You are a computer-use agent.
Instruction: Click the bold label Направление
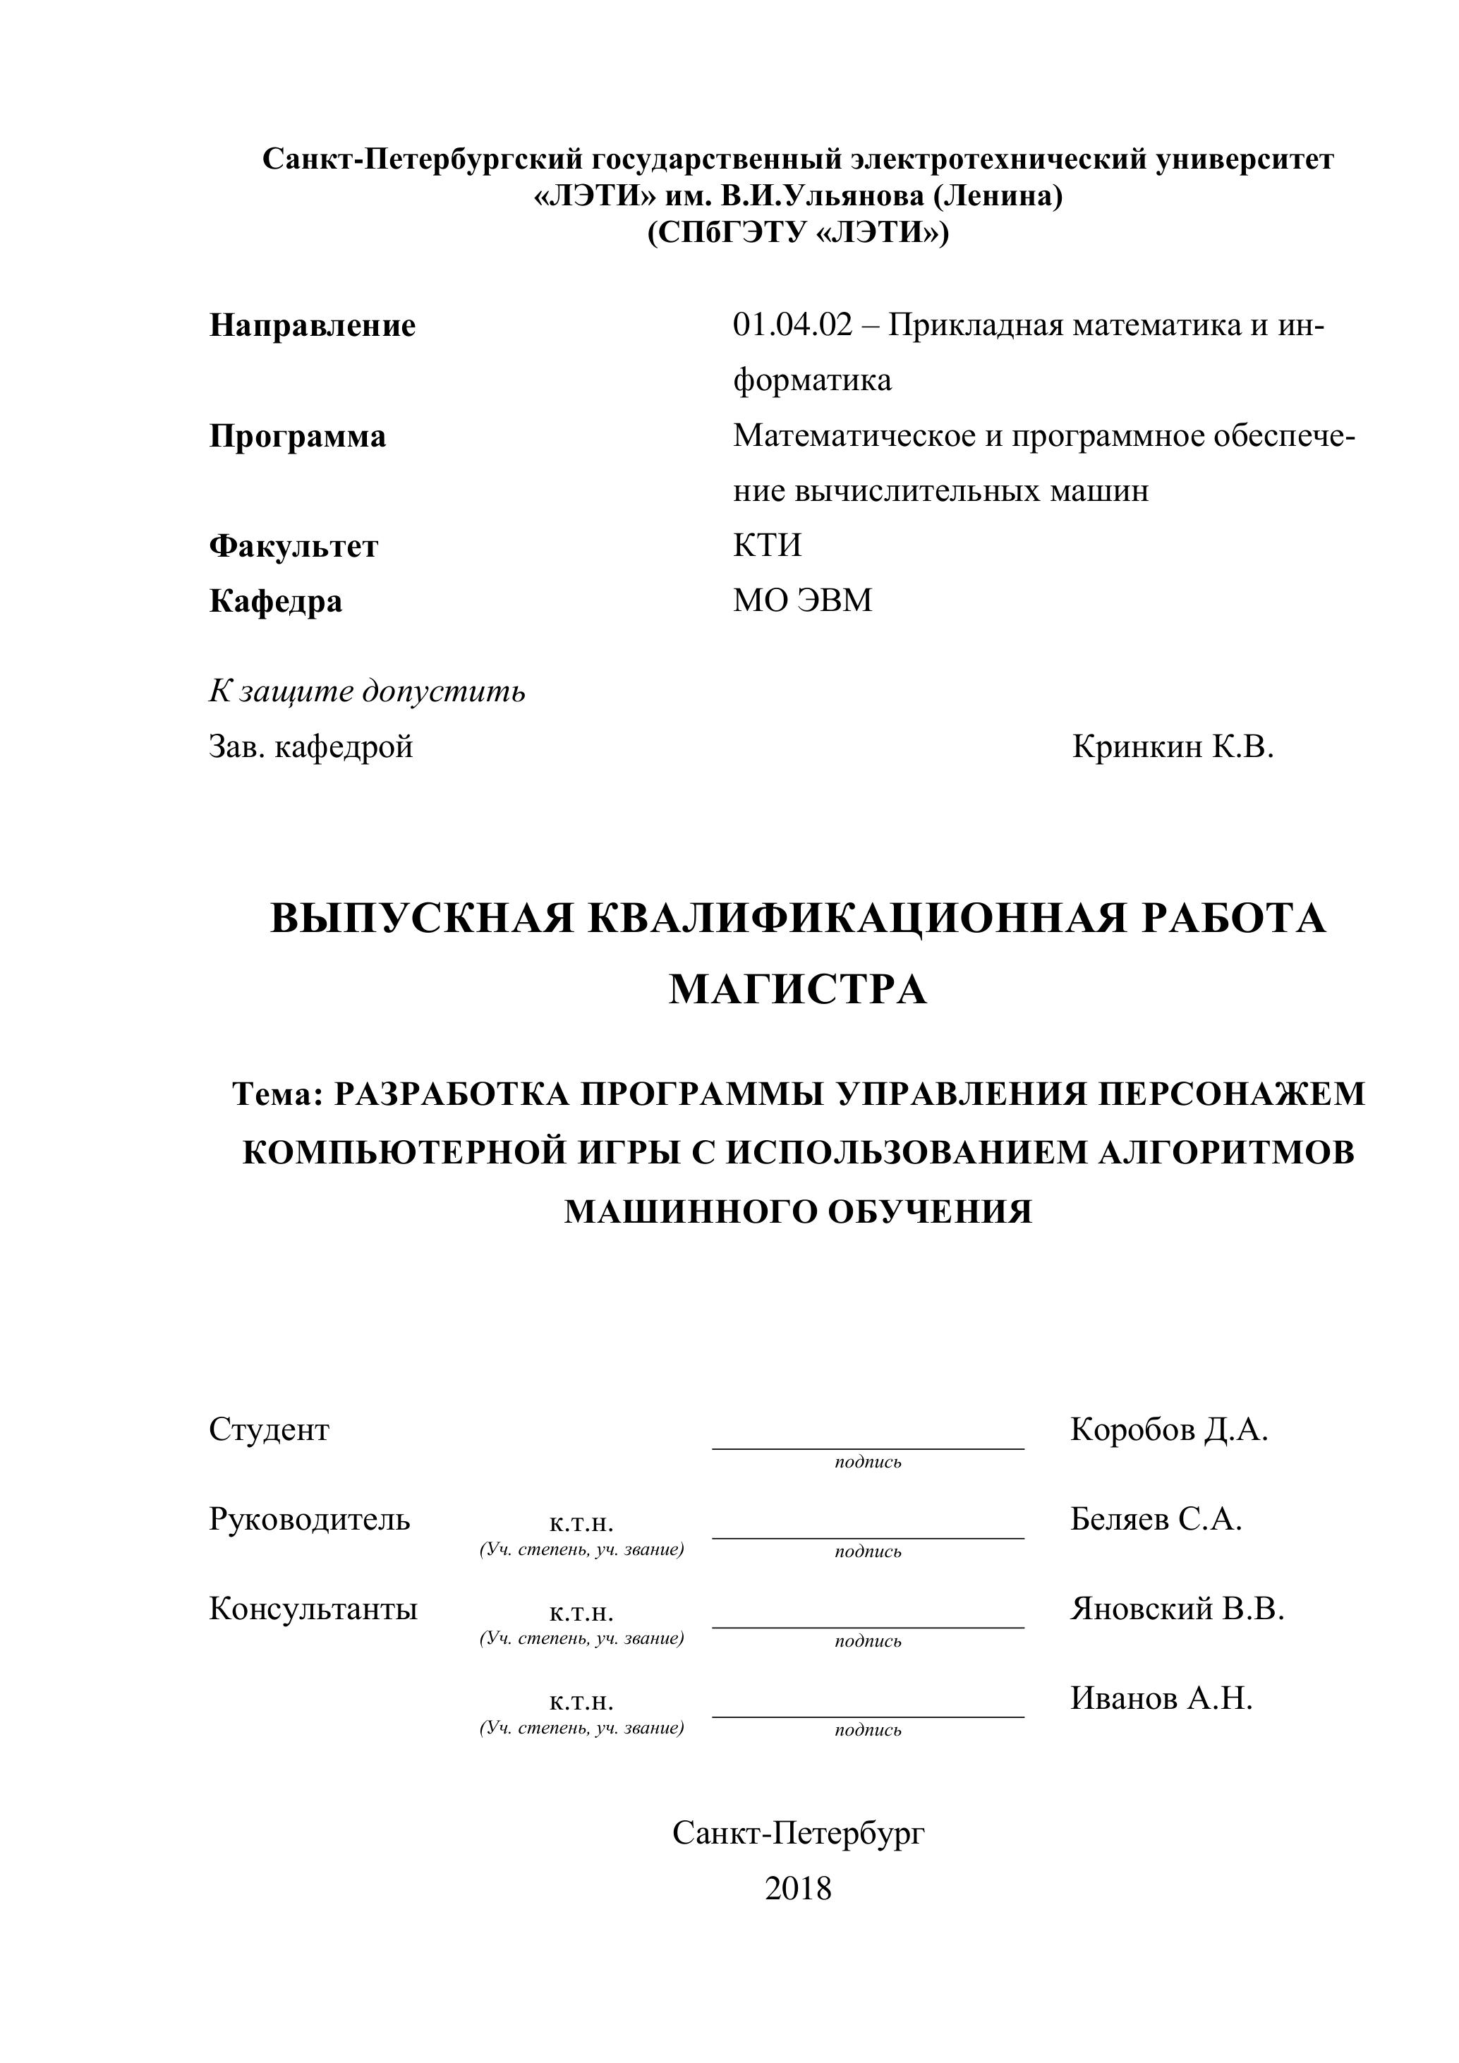tap(312, 325)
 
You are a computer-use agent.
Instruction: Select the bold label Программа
tap(297, 436)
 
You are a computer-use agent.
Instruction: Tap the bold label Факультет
tap(293, 545)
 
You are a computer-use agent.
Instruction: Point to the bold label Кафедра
tap(276, 600)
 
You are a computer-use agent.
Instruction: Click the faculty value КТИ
tap(766, 545)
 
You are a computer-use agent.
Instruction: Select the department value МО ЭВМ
tap(802, 600)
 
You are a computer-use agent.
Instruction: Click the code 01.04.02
tap(792, 325)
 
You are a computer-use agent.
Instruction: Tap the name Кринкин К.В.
tap(1173, 746)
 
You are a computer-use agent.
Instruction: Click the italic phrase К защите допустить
tap(367, 692)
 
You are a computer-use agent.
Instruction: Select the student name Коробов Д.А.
tap(1169, 1429)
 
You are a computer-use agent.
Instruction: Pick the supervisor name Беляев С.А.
tap(1156, 1518)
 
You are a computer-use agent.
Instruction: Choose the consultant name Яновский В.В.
tap(1177, 1609)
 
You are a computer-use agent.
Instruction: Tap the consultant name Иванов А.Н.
tap(1161, 1698)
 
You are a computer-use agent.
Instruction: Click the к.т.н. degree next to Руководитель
tap(581, 1523)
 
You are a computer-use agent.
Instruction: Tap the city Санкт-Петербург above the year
tap(798, 1833)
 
